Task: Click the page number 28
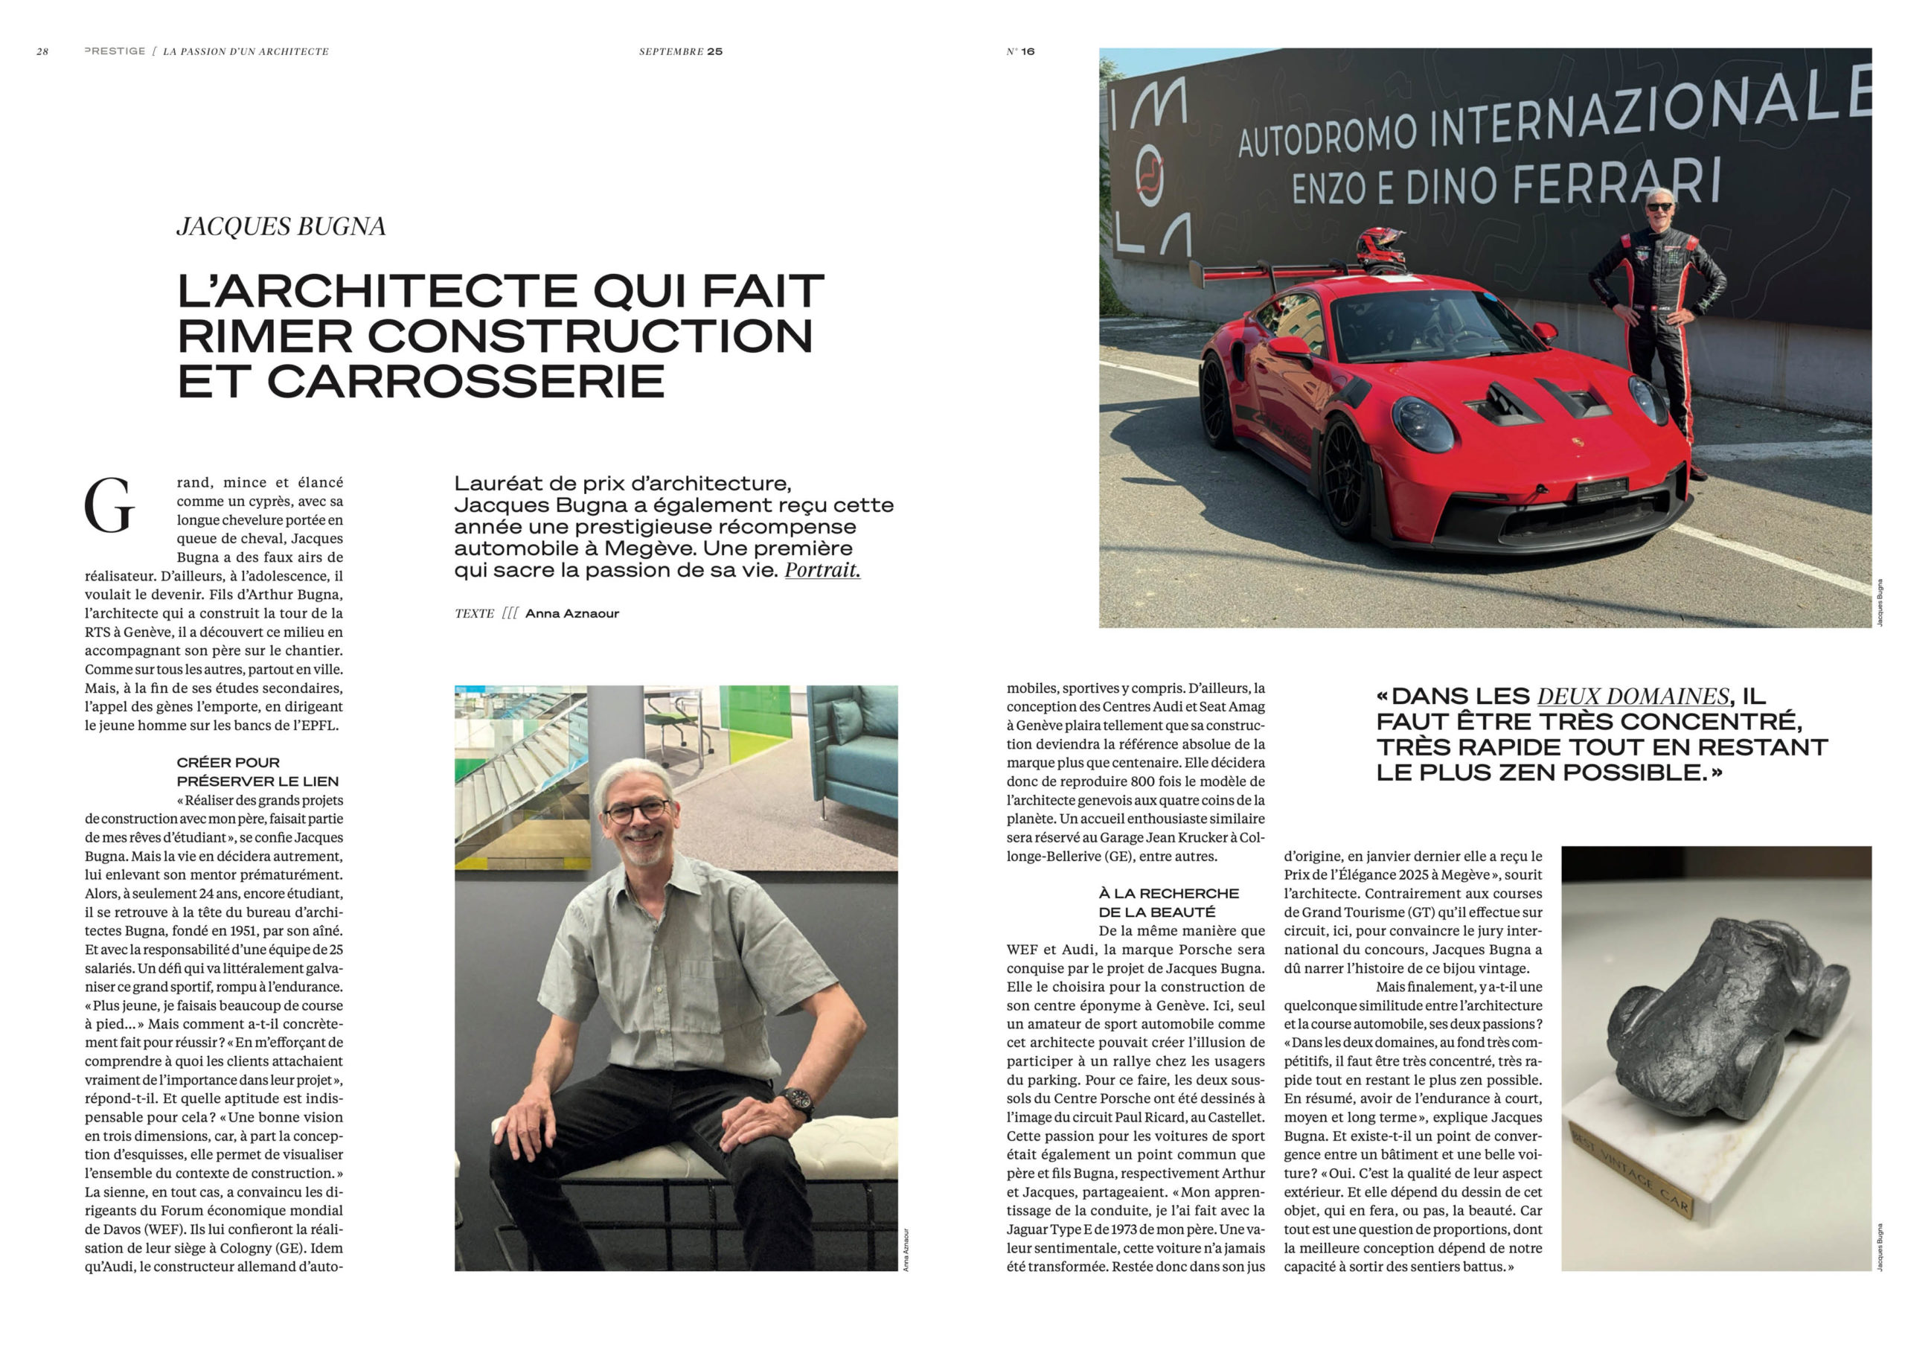pyautogui.click(x=42, y=51)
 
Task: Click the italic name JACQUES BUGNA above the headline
pyautogui.click(x=281, y=226)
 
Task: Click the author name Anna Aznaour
pyautogui.click(x=571, y=613)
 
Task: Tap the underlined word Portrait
pyautogui.click(x=822, y=570)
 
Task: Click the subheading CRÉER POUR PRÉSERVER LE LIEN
pyautogui.click(x=257, y=772)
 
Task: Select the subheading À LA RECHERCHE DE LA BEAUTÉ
pyautogui.click(x=1168, y=902)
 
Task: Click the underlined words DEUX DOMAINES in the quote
pyautogui.click(x=1633, y=696)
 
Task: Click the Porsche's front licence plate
pyautogui.click(x=1601, y=490)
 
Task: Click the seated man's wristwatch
pyautogui.click(x=795, y=1103)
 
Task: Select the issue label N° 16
pyautogui.click(x=1020, y=51)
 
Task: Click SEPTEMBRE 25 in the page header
pyautogui.click(x=680, y=51)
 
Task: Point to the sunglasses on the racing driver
pyautogui.click(x=1659, y=207)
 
